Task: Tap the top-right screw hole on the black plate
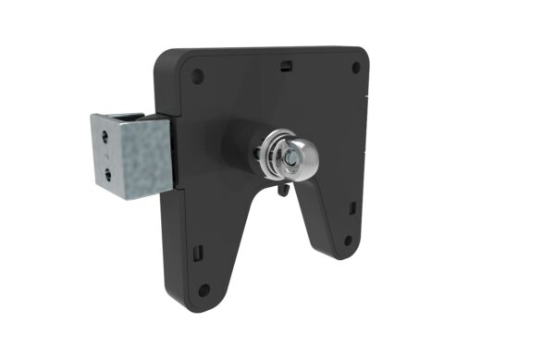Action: click(355, 68)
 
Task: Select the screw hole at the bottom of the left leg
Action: click(203, 290)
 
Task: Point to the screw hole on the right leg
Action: click(348, 240)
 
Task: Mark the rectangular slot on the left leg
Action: click(196, 251)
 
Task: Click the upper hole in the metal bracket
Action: click(106, 135)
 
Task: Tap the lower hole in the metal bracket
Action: click(107, 172)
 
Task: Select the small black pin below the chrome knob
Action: click(282, 191)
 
